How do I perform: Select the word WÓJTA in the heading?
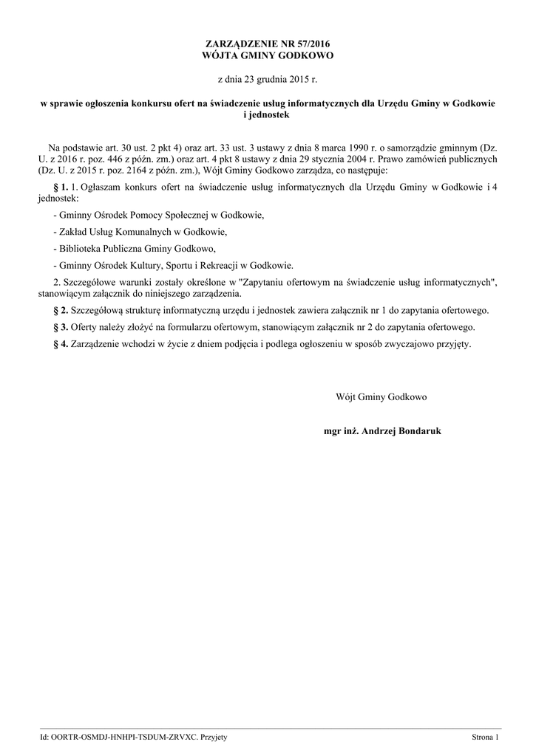220,55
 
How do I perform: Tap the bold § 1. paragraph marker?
61,188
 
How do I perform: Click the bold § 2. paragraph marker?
61,309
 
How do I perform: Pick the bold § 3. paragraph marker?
61,326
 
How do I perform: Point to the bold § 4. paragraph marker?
61,343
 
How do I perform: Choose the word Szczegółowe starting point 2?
93,282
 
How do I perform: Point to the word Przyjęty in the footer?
214,738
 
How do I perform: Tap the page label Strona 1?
486,738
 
